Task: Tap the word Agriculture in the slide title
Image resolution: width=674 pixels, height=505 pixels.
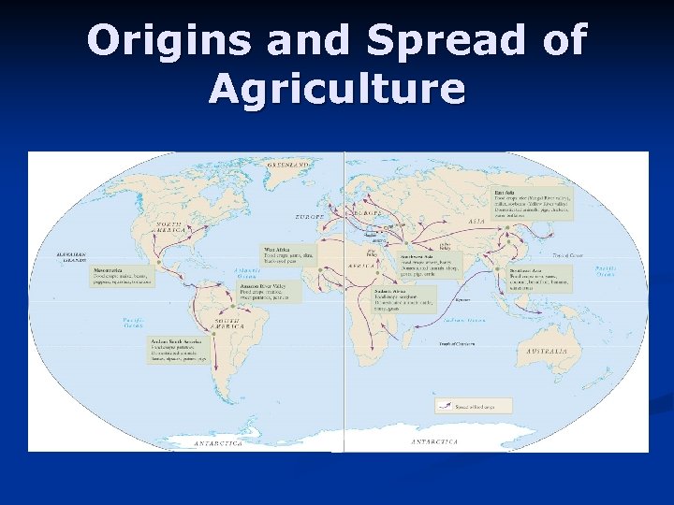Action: point(337,90)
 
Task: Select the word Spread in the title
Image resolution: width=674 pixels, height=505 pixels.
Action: point(426,41)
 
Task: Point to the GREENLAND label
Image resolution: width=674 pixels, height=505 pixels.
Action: point(287,164)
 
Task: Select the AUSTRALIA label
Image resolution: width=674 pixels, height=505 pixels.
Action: point(546,351)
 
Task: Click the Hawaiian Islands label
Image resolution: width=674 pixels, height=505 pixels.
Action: point(46,257)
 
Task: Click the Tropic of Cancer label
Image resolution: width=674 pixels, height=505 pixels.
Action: point(570,254)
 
